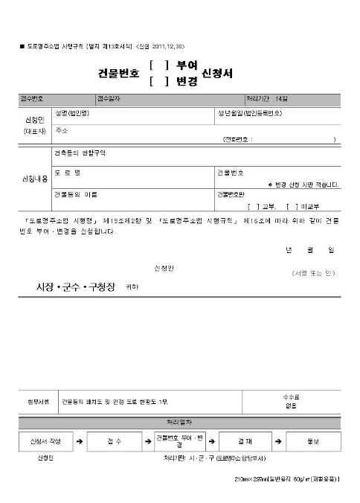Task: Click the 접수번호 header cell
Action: tap(35, 99)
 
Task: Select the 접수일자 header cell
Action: tap(109, 99)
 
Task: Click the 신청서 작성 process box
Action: tap(45, 441)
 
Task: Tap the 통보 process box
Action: tap(312, 441)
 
